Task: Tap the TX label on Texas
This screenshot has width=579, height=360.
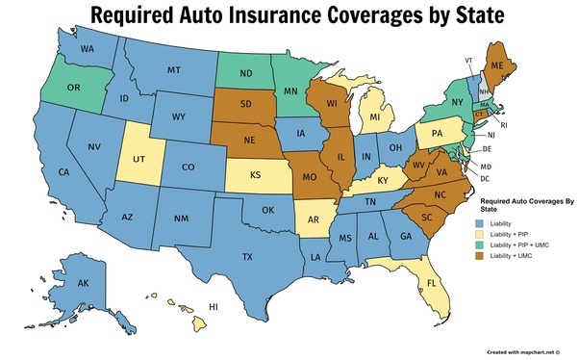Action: tap(246, 257)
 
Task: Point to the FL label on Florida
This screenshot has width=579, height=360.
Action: tap(432, 284)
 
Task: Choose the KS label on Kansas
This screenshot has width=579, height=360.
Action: tap(258, 178)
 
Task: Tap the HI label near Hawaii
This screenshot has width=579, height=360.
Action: tap(214, 307)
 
